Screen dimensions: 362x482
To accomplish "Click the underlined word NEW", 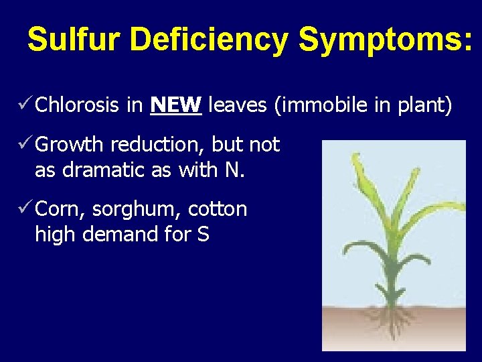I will (x=176, y=105).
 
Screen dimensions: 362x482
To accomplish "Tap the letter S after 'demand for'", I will (x=204, y=235).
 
